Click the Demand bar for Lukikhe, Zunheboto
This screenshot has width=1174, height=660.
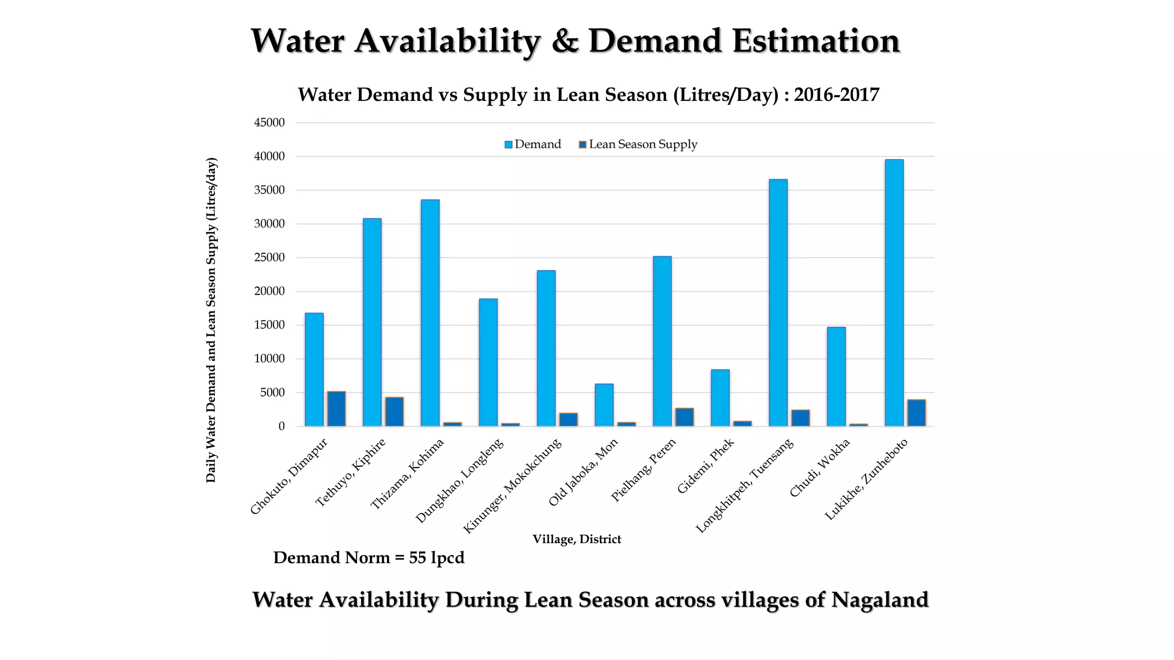[x=894, y=293]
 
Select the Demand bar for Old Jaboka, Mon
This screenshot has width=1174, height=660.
[x=604, y=405]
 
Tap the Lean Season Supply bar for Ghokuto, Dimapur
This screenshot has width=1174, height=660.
[x=336, y=409]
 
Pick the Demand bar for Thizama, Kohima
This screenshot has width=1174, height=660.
[x=430, y=313]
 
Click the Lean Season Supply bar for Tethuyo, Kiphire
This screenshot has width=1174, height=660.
[x=394, y=412]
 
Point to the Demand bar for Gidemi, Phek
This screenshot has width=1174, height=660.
[x=720, y=398]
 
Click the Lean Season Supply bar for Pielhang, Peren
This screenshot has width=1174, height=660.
[x=684, y=417]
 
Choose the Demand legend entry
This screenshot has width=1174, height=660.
[x=533, y=144]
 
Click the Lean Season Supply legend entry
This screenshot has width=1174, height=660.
[x=638, y=144]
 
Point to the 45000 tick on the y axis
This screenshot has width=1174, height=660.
[x=269, y=123]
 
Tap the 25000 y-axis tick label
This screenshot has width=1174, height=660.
[x=269, y=258]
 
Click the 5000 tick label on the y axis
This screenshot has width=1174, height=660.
[x=272, y=393]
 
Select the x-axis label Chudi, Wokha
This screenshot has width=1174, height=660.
[x=820, y=468]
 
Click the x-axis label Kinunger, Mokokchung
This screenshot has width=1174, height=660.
[x=512, y=486]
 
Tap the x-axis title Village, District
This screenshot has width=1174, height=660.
[x=577, y=539]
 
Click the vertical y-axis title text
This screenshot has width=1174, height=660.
[x=211, y=320]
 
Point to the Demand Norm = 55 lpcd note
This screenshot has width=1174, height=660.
[x=369, y=557]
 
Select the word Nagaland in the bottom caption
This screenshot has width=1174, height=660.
[x=879, y=600]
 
